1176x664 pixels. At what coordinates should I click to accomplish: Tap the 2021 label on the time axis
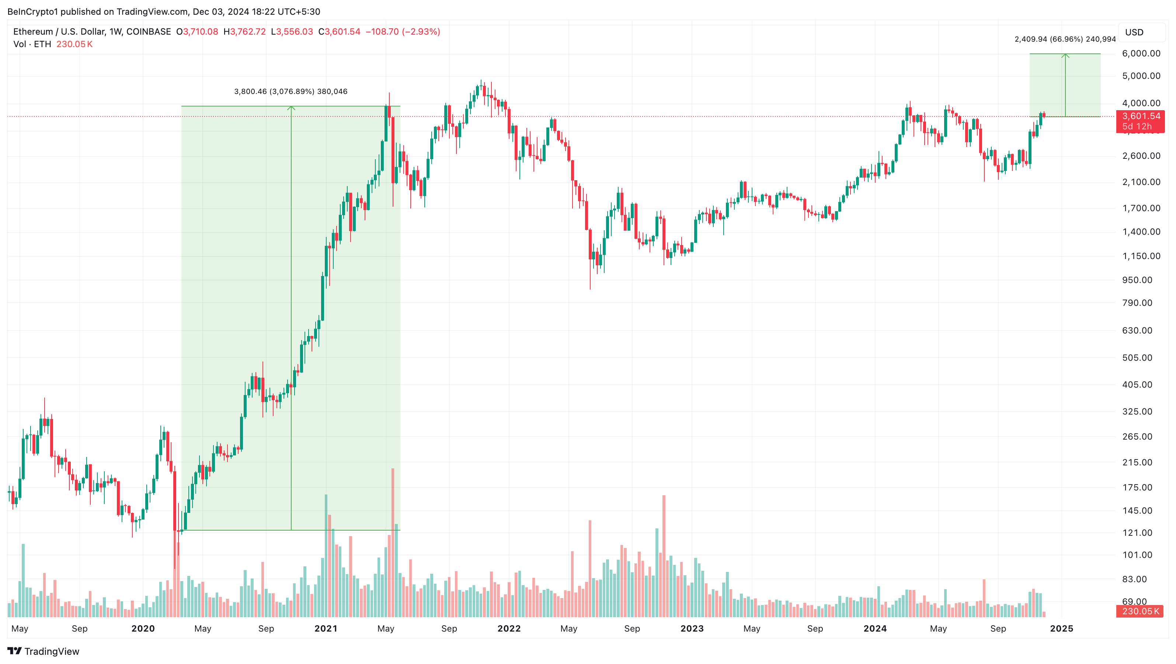[x=326, y=628]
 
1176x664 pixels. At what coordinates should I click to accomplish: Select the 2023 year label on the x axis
[x=692, y=628]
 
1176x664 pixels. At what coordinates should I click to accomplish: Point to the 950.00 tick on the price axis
[x=1137, y=280]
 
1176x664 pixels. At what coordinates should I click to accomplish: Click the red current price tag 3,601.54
[x=1140, y=116]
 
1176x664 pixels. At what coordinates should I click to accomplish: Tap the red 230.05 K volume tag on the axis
[x=1140, y=611]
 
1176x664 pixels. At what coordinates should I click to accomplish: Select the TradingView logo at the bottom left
[x=44, y=651]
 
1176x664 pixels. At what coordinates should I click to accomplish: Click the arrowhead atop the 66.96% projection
[x=1065, y=56]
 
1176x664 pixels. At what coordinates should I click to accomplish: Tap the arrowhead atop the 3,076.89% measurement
[x=291, y=108]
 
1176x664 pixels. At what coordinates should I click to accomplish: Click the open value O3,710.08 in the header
[x=197, y=31]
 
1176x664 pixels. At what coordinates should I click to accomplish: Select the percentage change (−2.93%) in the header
[x=421, y=31]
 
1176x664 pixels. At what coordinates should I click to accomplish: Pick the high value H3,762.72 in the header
[x=245, y=31]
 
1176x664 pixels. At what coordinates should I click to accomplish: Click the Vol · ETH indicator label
[x=32, y=44]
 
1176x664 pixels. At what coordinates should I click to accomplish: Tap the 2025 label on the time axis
[x=1061, y=628]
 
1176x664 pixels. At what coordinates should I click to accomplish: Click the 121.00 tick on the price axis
[x=1137, y=532]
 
